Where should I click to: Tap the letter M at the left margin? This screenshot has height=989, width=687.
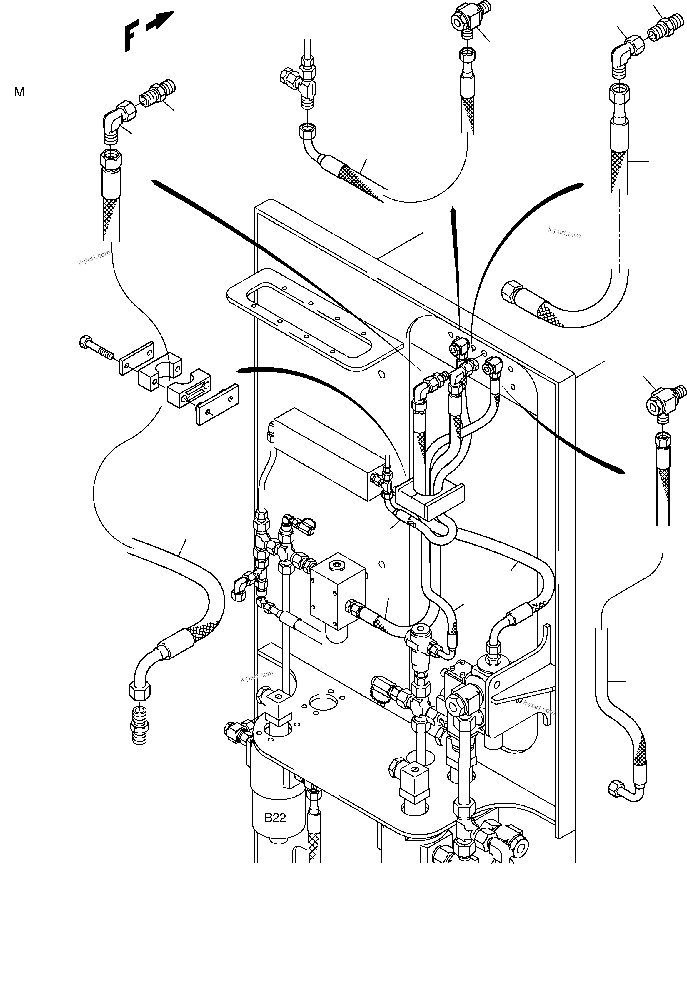(19, 92)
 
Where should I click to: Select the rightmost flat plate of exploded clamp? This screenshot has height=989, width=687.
(217, 404)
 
